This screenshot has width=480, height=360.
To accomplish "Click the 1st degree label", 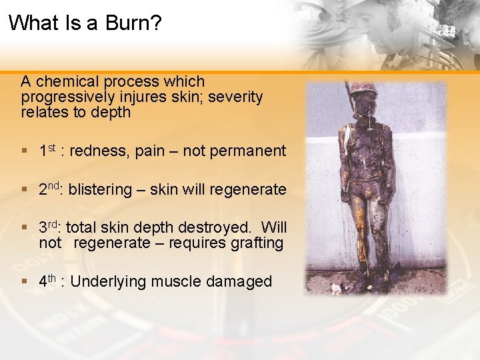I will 48,151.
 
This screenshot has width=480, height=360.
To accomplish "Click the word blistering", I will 100,190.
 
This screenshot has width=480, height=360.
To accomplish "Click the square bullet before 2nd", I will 25,190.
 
